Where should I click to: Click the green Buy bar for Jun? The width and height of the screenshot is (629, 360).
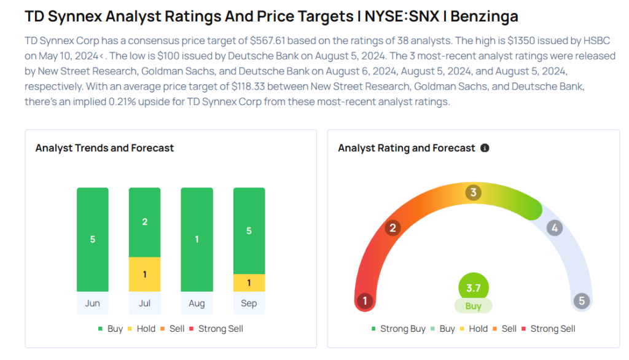(x=93, y=240)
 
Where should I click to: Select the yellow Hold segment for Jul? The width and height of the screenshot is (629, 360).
(x=145, y=274)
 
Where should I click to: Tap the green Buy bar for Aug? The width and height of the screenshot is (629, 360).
(x=197, y=240)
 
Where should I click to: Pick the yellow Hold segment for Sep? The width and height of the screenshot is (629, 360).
(x=249, y=283)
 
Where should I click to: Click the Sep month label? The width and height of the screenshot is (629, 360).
(x=249, y=303)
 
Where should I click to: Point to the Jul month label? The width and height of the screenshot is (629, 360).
(x=145, y=303)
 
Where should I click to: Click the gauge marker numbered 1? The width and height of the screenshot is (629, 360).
(x=365, y=301)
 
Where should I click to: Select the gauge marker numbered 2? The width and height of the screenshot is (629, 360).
(x=392, y=229)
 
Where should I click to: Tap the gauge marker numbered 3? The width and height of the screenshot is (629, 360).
(x=473, y=193)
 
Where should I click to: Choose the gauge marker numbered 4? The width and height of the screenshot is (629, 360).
(x=555, y=229)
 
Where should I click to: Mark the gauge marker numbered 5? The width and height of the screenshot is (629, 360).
(x=581, y=301)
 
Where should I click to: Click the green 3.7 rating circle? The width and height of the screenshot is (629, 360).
(x=473, y=288)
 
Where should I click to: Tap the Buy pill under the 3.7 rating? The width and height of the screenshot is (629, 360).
(x=473, y=305)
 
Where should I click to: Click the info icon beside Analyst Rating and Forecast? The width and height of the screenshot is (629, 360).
(x=485, y=148)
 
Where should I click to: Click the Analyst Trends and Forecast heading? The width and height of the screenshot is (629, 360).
(x=104, y=148)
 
